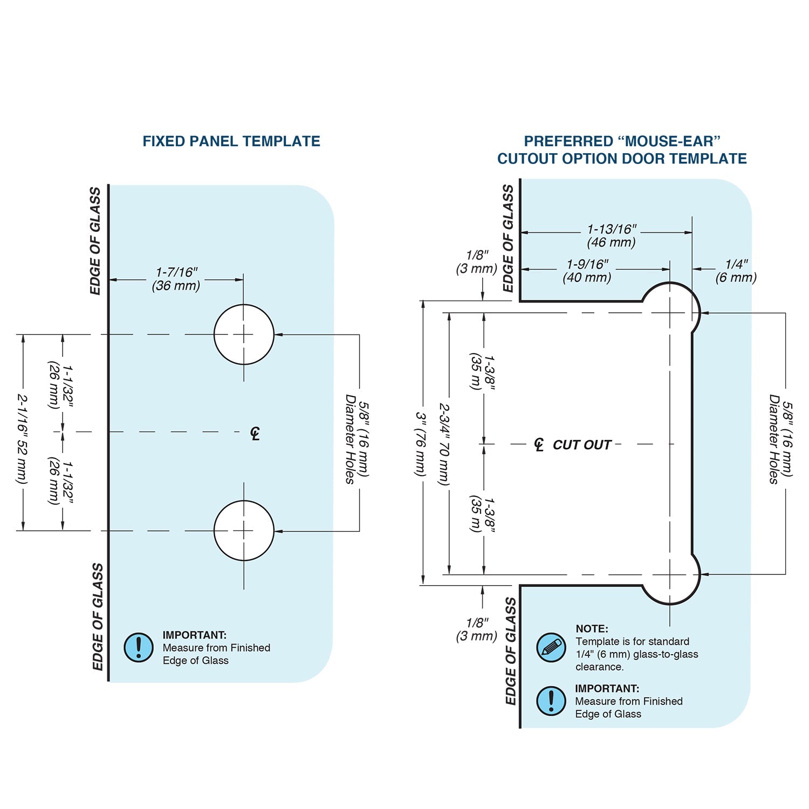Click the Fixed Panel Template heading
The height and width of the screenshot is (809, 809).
(x=231, y=141)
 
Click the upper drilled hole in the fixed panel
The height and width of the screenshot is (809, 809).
(x=244, y=334)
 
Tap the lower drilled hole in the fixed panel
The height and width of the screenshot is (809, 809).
(x=244, y=531)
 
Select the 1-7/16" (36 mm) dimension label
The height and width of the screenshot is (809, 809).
(x=176, y=279)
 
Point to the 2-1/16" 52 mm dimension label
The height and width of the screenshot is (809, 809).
(x=22, y=438)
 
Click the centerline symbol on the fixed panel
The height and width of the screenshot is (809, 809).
(x=255, y=433)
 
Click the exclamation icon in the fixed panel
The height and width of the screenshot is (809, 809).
(x=139, y=647)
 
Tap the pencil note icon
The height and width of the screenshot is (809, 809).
(x=551, y=647)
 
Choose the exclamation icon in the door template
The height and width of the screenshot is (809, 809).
(x=551, y=701)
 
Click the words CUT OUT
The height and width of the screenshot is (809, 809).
(x=581, y=445)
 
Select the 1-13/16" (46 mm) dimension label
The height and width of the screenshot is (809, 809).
(x=612, y=236)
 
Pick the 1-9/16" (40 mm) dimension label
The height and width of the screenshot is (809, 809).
(x=587, y=271)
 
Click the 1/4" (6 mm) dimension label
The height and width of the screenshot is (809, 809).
(x=736, y=271)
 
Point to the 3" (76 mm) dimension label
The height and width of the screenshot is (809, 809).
(x=421, y=444)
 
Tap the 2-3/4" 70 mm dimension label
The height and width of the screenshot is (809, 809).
(x=444, y=444)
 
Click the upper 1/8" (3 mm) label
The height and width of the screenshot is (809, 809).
(x=477, y=262)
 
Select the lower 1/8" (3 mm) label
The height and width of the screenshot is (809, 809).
(x=477, y=629)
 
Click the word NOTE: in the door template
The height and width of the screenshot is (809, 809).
(x=592, y=628)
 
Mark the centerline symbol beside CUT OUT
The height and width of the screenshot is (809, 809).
(x=539, y=444)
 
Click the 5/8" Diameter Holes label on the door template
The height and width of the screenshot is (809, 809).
(x=780, y=438)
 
